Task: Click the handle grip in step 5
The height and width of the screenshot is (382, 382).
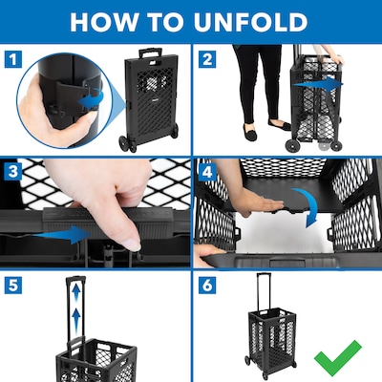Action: point(74,284)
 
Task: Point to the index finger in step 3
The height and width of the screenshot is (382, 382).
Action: point(115,210)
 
